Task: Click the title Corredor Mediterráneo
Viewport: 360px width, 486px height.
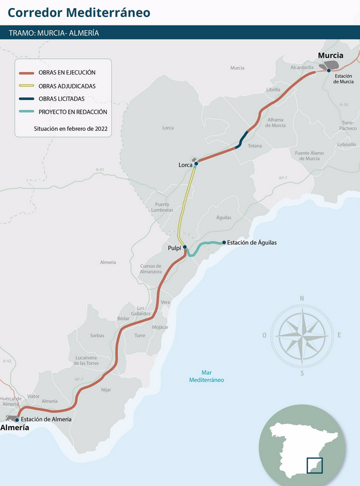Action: (x=79, y=12)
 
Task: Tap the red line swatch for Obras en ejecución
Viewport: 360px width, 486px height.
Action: (x=27, y=73)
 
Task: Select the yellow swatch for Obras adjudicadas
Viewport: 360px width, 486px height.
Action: (x=27, y=86)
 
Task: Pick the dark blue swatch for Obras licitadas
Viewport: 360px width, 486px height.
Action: (x=27, y=99)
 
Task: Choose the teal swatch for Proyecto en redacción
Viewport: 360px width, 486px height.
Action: (x=27, y=112)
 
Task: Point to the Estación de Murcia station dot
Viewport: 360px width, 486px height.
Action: (x=328, y=70)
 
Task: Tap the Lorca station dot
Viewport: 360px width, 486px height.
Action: (x=196, y=163)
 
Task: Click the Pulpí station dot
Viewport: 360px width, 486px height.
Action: (x=185, y=247)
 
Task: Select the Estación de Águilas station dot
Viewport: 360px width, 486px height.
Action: (x=224, y=243)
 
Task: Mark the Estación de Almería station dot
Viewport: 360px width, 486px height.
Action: (x=17, y=420)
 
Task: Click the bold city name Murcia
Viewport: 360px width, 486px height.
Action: (x=330, y=56)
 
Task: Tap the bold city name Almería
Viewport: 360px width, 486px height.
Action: (x=15, y=428)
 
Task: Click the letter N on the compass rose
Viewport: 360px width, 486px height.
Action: (x=302, y=298)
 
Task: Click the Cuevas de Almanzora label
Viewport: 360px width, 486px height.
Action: (x=151, y=268)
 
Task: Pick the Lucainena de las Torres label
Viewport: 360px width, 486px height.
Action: (x=86, y=360)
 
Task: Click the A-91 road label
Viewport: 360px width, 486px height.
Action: (x=100, y=170)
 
